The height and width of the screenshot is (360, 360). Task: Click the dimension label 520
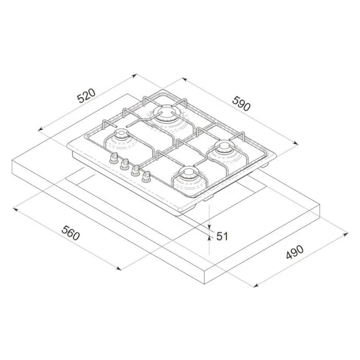(x=86, y=96)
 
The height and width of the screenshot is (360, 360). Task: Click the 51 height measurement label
(x=222, y=236)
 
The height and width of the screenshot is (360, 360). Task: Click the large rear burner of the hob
(x=167, y=115)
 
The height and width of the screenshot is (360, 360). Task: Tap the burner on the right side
(x=224, y=150)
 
